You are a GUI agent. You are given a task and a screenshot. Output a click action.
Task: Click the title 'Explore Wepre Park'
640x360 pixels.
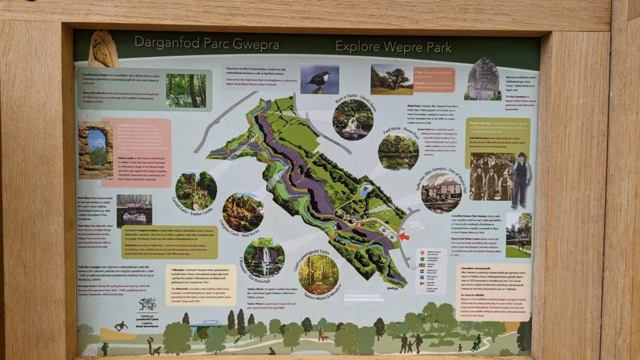[x=393, y=47]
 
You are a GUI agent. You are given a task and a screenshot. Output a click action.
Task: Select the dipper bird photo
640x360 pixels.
[x=320, y=79]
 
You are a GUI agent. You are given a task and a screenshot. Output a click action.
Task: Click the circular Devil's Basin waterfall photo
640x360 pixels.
[x=353, y=120]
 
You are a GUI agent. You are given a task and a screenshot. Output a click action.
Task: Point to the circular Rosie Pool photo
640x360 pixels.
[x=398, y=152]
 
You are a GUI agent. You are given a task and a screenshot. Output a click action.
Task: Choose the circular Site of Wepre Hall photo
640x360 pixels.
[x=441, y=193]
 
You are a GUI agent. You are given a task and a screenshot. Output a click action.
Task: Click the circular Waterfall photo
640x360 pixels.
[x=264, y=258]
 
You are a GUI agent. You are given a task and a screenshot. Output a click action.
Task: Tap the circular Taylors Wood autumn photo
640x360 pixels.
[x=319, y=275]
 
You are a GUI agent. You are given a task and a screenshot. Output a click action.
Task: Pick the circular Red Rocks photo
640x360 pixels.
[x=243, y=212]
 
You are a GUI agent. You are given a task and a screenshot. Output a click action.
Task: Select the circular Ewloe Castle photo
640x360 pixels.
[x=196, y=190]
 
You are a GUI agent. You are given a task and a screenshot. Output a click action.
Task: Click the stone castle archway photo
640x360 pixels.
[x=95, y=150]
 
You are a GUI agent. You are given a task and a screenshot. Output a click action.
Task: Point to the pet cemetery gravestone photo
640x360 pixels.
[x=483, y=79]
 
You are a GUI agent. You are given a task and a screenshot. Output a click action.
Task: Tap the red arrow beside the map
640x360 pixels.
[x=404, y=236]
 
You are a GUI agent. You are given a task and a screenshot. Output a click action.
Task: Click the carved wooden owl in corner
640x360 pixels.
[x=103, y=49]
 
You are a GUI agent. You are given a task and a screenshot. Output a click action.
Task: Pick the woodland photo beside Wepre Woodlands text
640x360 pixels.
[x=186, y=90]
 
